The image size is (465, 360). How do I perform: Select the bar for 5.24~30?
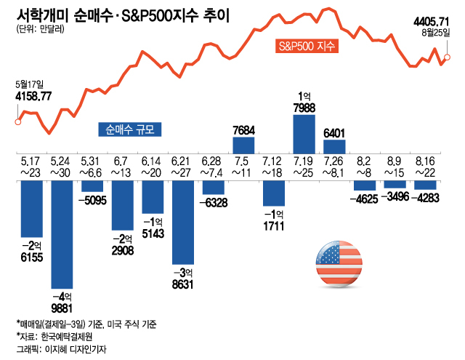(x=62, y=233)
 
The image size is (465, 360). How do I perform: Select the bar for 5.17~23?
(x=32, y=208)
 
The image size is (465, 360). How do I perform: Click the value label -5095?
(x=92, y=199)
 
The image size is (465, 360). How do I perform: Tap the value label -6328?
(x=213, y=201)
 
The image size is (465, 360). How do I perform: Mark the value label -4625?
(x=365, y=197)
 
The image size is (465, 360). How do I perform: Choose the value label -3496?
(x=395, y=196)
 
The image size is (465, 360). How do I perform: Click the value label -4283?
(x=425, y=196)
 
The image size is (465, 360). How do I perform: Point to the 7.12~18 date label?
(x=274, y=166)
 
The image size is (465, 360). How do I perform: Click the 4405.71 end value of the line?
(x=434, y=22)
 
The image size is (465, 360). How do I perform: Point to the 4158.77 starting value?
(x=33, y=95)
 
